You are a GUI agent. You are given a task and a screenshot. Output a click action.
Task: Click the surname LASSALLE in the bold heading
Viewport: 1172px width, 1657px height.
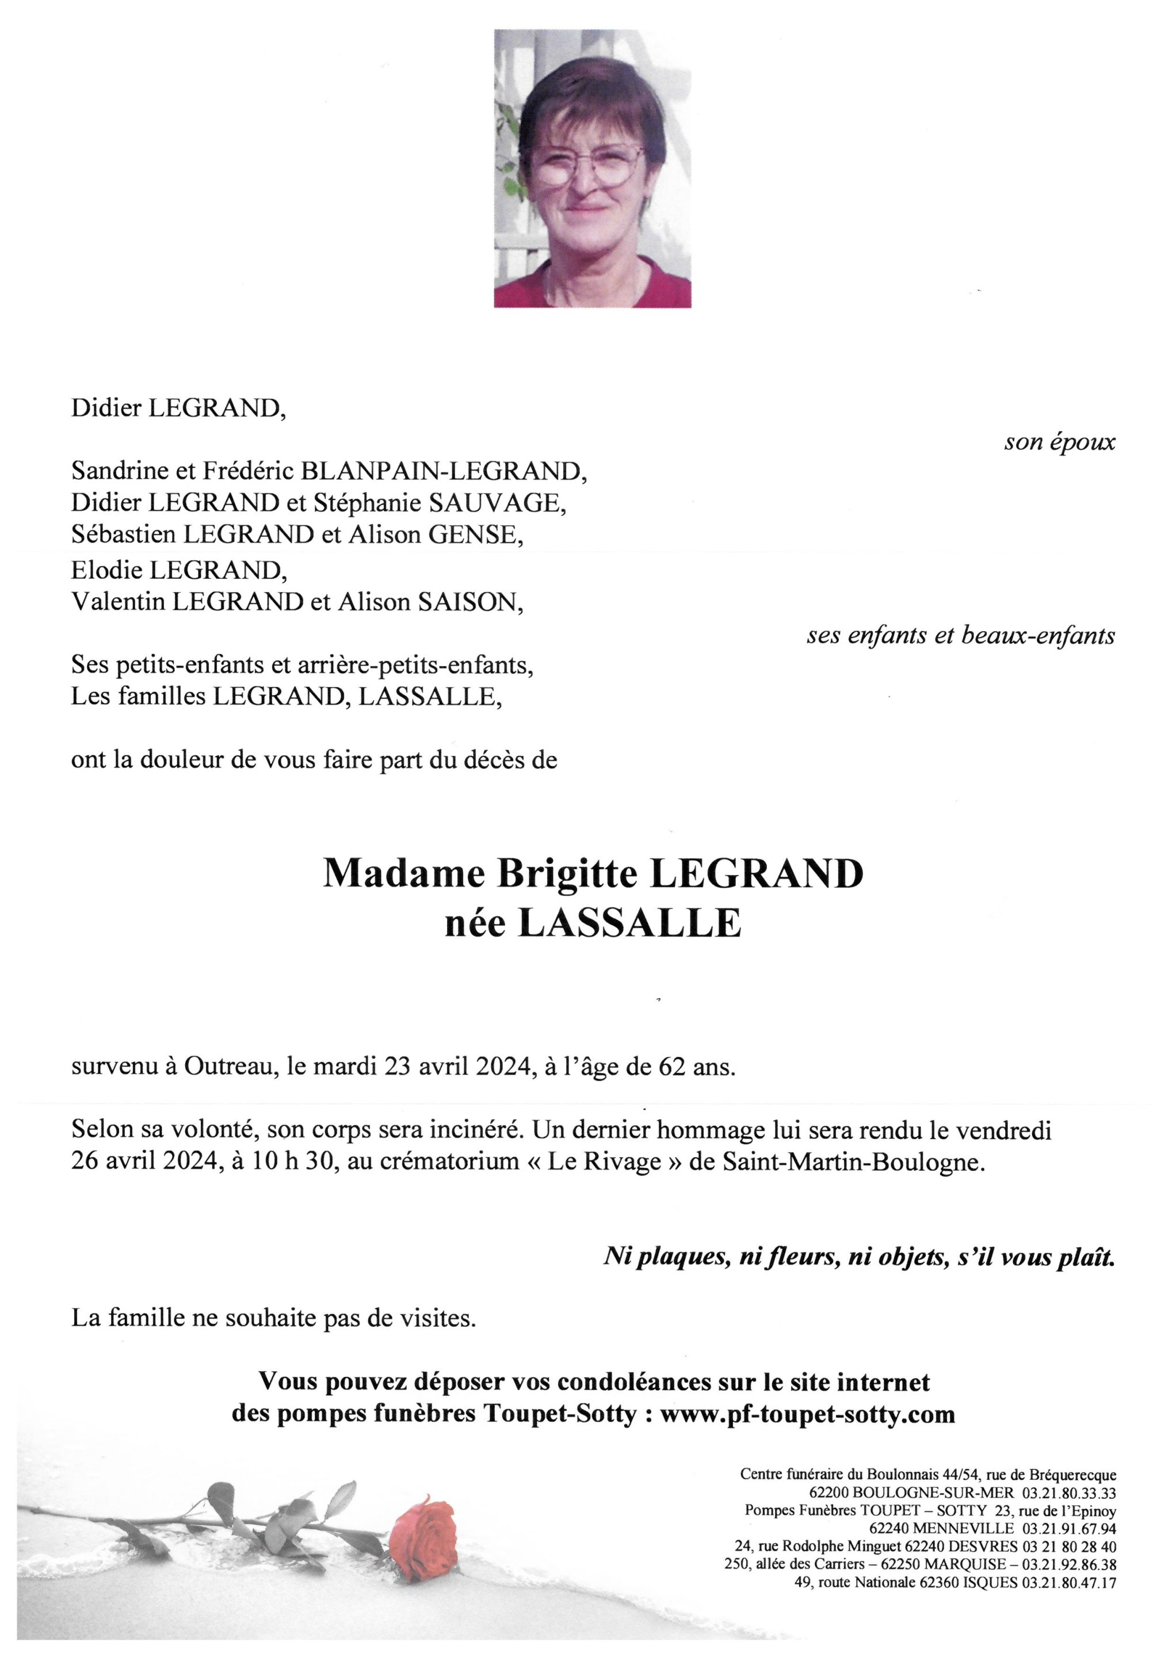(x=629, y=925)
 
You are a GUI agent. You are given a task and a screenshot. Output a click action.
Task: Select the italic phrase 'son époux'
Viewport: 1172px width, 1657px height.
(x=1059, y=442)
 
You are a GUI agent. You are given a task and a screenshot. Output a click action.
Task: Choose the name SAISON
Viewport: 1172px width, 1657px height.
(x=471, y=602)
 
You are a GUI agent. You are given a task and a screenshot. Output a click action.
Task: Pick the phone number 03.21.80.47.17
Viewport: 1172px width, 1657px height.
(x=1068, y=1583)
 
